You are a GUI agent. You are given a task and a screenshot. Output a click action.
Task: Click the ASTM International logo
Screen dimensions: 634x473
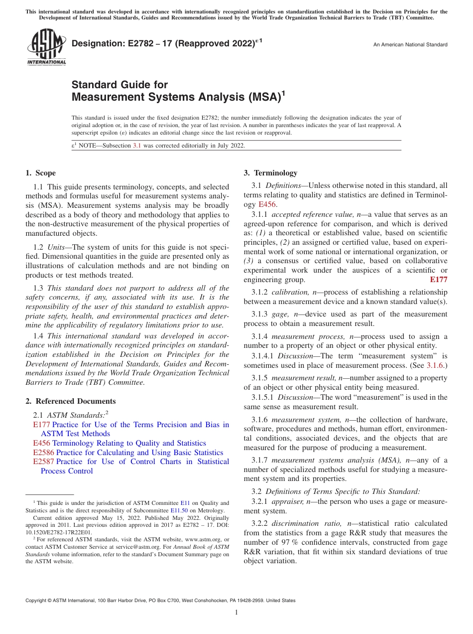pos(46,47)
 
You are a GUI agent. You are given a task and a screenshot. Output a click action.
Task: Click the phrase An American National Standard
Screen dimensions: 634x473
pos(410,45)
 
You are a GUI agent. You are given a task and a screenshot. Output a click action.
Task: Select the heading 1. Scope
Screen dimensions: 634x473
pos(40,173)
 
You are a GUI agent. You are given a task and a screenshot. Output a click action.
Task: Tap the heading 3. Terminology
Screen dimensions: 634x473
pos(270,173)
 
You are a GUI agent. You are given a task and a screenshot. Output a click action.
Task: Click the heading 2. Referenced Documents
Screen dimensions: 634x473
pos(70,401)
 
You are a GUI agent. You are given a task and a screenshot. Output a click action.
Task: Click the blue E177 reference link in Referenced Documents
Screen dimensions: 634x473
pos(41,425)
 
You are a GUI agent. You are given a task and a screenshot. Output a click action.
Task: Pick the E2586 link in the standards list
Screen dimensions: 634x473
pos(43,453)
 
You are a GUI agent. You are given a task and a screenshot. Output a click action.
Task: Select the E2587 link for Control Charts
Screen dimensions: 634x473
pos(43,462)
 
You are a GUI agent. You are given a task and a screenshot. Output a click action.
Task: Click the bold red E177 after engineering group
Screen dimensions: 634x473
pos(438,280)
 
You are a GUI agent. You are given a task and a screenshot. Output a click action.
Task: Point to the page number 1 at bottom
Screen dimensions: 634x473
pos(236,613)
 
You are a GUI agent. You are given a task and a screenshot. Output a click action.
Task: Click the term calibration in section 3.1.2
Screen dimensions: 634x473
pos(287,292)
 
